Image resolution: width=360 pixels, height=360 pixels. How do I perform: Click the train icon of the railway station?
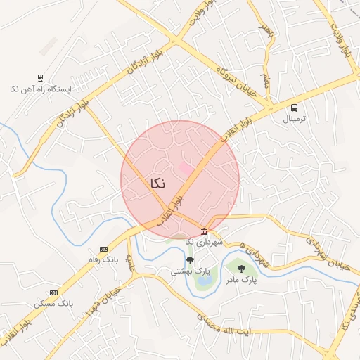40,79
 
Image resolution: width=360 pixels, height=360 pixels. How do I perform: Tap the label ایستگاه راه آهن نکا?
41,89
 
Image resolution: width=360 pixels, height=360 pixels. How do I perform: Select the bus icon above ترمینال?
294,108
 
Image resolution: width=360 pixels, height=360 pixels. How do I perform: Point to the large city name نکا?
157,183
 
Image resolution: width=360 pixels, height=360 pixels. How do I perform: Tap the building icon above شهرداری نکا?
204,231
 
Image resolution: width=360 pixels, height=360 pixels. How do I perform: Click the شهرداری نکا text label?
204,242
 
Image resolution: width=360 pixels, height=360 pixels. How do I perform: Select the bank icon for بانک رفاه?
104,249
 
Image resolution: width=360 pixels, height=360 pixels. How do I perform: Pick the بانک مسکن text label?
54,303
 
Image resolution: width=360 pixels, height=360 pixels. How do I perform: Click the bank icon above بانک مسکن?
54,292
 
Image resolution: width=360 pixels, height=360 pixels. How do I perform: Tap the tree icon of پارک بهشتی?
190,261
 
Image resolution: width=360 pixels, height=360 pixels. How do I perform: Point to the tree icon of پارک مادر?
241,269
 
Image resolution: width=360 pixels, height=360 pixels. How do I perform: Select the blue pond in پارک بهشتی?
204,282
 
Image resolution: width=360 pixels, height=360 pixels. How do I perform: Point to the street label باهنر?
265,30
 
